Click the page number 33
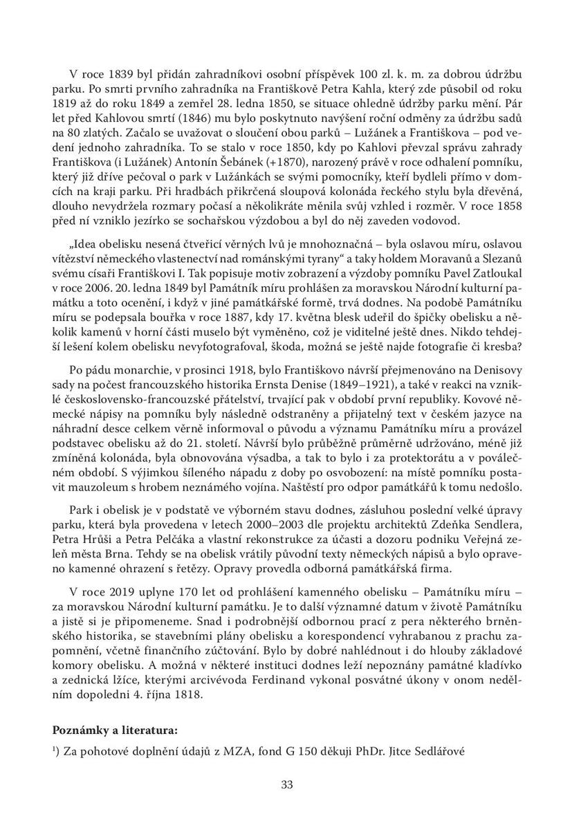(x=289, y=784)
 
